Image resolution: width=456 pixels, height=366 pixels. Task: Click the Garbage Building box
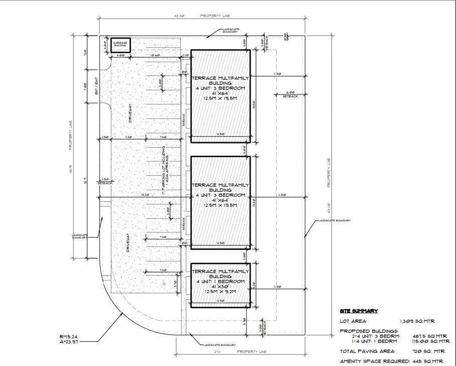[x=121, y=45]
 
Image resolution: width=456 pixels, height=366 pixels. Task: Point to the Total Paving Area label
[x=367, y=351]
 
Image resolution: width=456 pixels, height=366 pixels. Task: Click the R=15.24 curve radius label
[x=69, y=336]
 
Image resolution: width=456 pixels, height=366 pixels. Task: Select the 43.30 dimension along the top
[x=179, y=16]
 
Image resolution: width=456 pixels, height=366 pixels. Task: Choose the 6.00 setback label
[x=289, y=94]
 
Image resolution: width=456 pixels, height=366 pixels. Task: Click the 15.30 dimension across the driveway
[x=145, y=195]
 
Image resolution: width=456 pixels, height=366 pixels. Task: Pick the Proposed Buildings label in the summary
[x=362, y=331]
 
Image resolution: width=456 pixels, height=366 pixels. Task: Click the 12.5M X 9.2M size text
[x=220, y=291]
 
